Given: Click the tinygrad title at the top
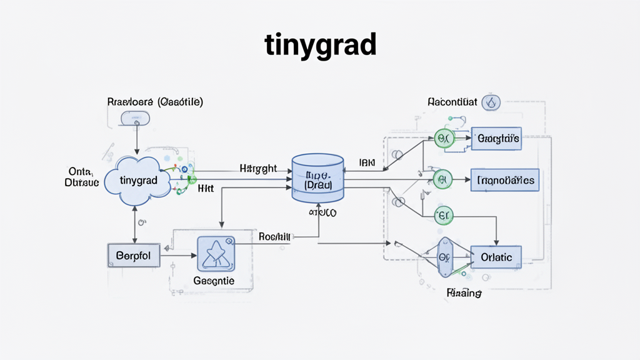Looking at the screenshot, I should [320, 44].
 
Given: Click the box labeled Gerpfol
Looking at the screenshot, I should [133, 256].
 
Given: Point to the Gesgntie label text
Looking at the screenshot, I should [214, 281].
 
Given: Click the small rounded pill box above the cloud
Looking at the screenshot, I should [135, 117].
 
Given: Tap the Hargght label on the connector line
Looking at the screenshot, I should [258, 169].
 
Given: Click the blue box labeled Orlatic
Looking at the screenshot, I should [496, 257].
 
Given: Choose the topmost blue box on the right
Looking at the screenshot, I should [496, 139].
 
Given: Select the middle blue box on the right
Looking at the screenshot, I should [505, 180].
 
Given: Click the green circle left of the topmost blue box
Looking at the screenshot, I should [442, 139].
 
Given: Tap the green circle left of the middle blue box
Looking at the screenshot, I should [442, 180].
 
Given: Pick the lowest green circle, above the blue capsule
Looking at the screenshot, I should [442, 216].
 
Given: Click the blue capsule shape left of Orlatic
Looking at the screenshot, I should [444, 257].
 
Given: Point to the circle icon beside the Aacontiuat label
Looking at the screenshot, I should [491, 102].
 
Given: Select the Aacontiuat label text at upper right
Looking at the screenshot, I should [452, 101].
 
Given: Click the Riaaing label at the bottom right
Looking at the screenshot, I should [463, 292].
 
